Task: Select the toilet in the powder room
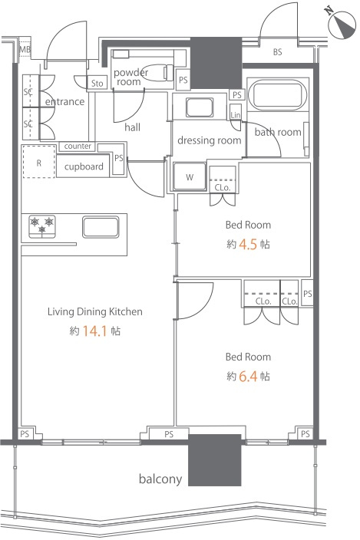click(158, 73)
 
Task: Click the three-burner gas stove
click(42, 226)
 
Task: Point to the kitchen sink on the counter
click(101, 227)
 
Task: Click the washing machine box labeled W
click(190, 176)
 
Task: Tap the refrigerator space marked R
click(39, 162)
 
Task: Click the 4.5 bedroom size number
click(248, 245)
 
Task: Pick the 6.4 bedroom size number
click(248, 377)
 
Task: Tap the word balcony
click(160, 479)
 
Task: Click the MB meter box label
click(25, 50)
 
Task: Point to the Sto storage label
click(97, 84)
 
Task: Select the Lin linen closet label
click(236, 115)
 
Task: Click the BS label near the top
click(277, 52)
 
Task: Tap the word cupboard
click(84, 166)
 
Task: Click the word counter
click(78, 146)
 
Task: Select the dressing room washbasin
click(200, 107)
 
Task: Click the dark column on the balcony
click(214, 460)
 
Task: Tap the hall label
click(132, 127)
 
